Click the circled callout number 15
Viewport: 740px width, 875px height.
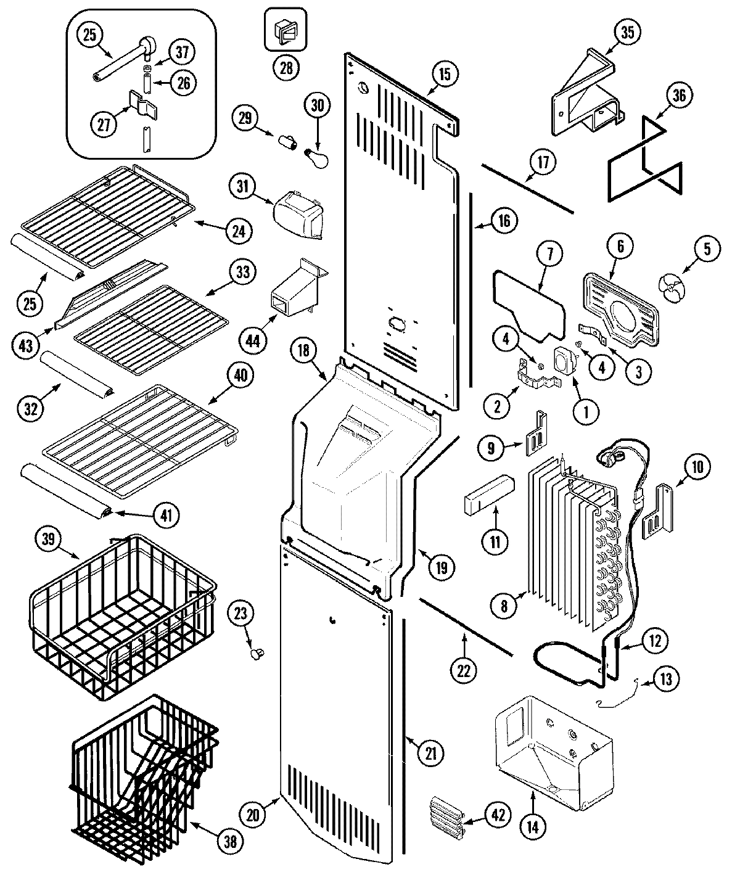pos(445,74)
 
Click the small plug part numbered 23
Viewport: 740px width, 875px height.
pos(255,652)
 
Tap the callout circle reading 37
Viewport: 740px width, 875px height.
pos(183,53)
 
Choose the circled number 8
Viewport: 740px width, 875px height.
pos(504,606)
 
